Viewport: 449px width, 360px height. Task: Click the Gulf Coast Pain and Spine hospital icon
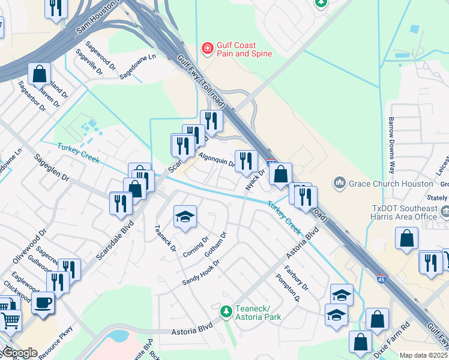(x=208, y=47)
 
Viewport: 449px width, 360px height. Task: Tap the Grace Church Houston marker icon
(x=340, y=182)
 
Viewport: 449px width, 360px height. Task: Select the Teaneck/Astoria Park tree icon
(x=226, y=311)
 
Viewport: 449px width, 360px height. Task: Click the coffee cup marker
(x=42, y=302)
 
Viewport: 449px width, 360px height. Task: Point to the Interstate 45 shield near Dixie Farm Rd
(x=382, y=279)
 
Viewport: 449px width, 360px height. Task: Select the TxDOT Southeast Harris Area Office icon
(x=446, y=211)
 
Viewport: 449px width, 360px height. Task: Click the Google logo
(x=19, y=353)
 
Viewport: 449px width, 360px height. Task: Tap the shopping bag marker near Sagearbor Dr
(x=39, y=74)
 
